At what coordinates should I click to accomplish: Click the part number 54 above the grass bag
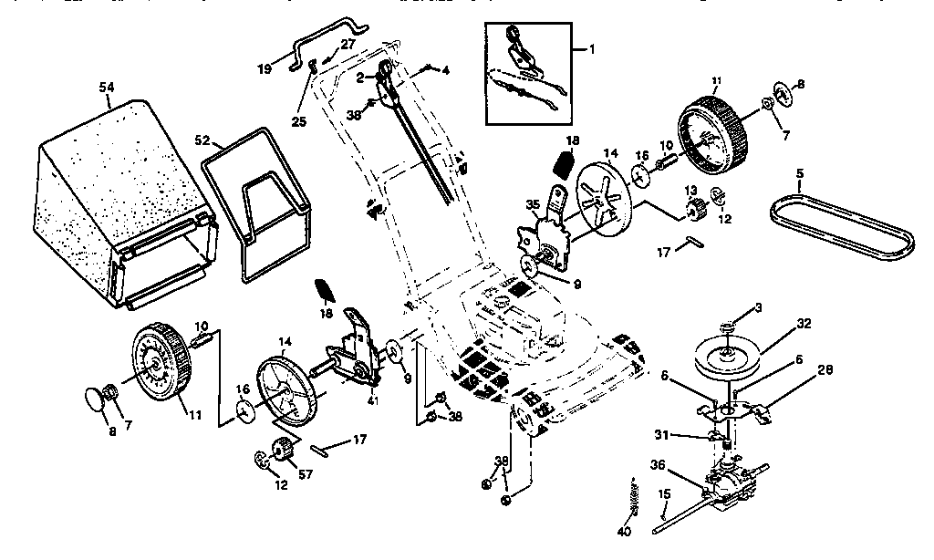point(107,86)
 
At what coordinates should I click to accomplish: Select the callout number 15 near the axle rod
point(664,494)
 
